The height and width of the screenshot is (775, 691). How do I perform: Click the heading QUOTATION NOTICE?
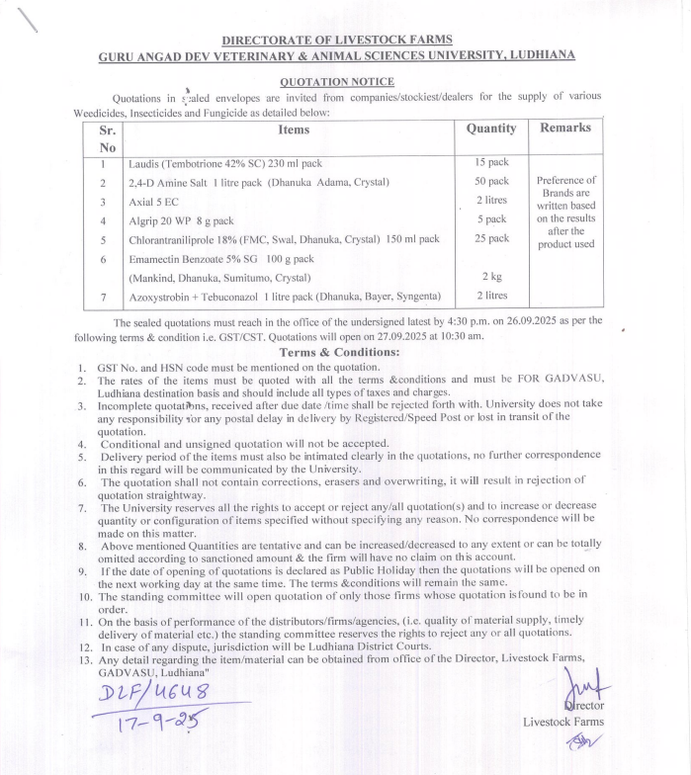coord(336,82)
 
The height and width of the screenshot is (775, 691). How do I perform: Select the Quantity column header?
coord(491,129)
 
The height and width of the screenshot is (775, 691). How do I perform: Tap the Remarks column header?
coord(565,128)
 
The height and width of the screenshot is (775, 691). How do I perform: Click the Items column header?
coord(294,129)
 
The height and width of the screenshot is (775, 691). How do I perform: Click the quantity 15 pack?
coord(491,162)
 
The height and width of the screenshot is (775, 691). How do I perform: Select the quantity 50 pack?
coord(491,182)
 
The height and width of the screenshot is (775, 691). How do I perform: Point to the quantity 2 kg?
coord(491,276)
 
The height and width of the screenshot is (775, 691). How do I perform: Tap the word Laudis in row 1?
coord(144,164)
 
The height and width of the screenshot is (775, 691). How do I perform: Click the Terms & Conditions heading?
coord(339,352)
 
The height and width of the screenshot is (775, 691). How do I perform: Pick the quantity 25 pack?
coord(491,239)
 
